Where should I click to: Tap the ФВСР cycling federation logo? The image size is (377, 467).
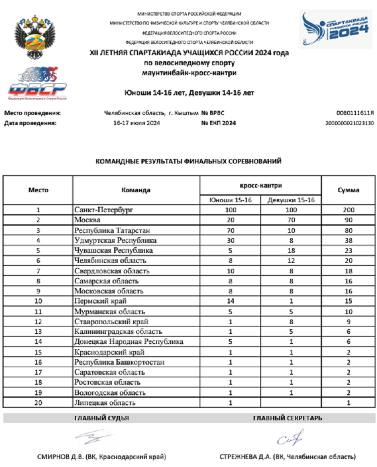click(x=36, y=83)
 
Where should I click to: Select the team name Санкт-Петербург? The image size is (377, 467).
click(x=104, y=210)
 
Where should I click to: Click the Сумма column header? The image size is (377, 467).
click(x=348, y=190)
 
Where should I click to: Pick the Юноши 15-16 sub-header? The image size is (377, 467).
click(x=230, y=200)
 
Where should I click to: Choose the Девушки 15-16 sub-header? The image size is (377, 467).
click(x=291, y=200)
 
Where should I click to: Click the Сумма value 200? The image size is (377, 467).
click(x=348, y=210)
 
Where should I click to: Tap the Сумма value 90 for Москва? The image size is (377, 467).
click(x=348, y=220)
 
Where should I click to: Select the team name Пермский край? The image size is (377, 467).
click(x=100, y=301)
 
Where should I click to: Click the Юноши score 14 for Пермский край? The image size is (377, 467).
click(x=230, y=301)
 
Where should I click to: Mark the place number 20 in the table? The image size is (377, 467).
click(x=38, y=402)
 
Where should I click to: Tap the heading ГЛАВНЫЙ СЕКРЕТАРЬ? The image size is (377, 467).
click(x=288, y=418)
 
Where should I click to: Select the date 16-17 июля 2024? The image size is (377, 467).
click(x=136, y=123)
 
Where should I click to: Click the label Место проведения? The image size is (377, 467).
click(x=32, y=113)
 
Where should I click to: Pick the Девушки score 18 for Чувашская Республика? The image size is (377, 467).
click(x=291, y=250)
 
